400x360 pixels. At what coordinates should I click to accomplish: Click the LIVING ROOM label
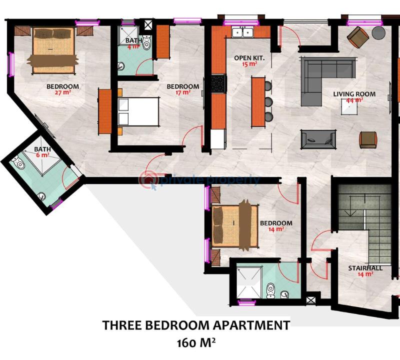pyautogui.click(x=354, y=94)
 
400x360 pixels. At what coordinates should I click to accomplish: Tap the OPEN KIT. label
pyautogui.click(x=246, y=58)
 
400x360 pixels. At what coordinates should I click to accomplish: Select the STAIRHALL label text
pyautogui.click(x=365, y=268)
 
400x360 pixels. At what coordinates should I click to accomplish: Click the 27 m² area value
pyautogui.click(x=63, y=92)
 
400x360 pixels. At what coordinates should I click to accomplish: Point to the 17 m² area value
pyautogui.click(x=183, y=92)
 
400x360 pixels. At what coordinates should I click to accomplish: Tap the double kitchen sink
pyautogui.click(x=243, y=33)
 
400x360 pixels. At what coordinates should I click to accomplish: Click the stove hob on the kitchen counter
pyautogui.click(x=218, y=83)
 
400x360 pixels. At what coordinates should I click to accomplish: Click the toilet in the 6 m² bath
pyautogui.click(x=18, y=163)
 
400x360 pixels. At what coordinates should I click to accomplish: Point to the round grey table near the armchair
pyautogui.click(x=378, y=33)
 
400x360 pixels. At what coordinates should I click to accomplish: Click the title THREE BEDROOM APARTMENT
pyautogui.click(x=196, y=325)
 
